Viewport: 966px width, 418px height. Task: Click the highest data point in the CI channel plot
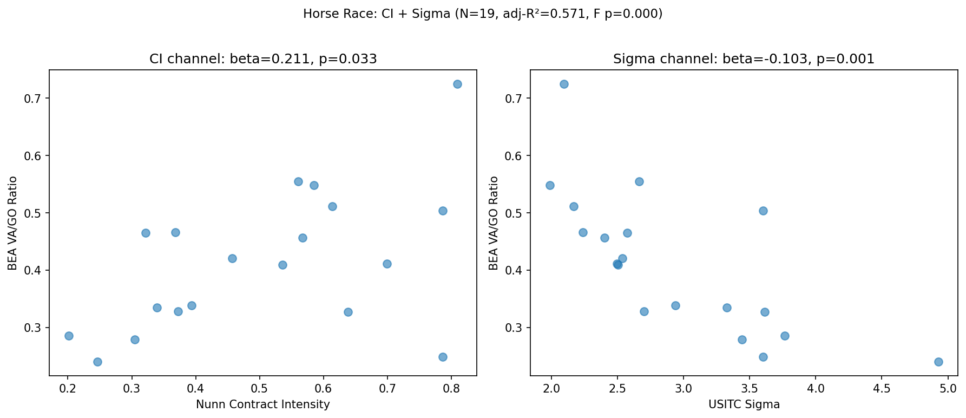pos(457,84)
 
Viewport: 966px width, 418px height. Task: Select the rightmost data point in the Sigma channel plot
pos(938,362)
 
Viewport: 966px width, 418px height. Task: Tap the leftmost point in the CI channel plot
pos(69,336)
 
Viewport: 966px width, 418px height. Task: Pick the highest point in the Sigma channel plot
pos(564,84)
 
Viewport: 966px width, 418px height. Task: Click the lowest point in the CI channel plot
pos(97,362)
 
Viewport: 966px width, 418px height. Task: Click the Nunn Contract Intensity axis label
pos(262,404)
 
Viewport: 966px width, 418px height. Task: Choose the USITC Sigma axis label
pos(744,404)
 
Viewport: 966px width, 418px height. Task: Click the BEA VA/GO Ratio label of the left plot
pos(12,223)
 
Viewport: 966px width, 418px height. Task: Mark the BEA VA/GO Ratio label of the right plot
pos(493,223)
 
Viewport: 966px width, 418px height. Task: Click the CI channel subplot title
pos(263,59)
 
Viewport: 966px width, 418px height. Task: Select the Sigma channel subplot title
pos(744,59)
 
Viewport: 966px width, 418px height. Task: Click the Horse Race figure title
pos(483,14)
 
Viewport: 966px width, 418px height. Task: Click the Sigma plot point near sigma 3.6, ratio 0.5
pos(763,211)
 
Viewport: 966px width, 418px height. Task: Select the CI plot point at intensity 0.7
pos(387,264)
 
